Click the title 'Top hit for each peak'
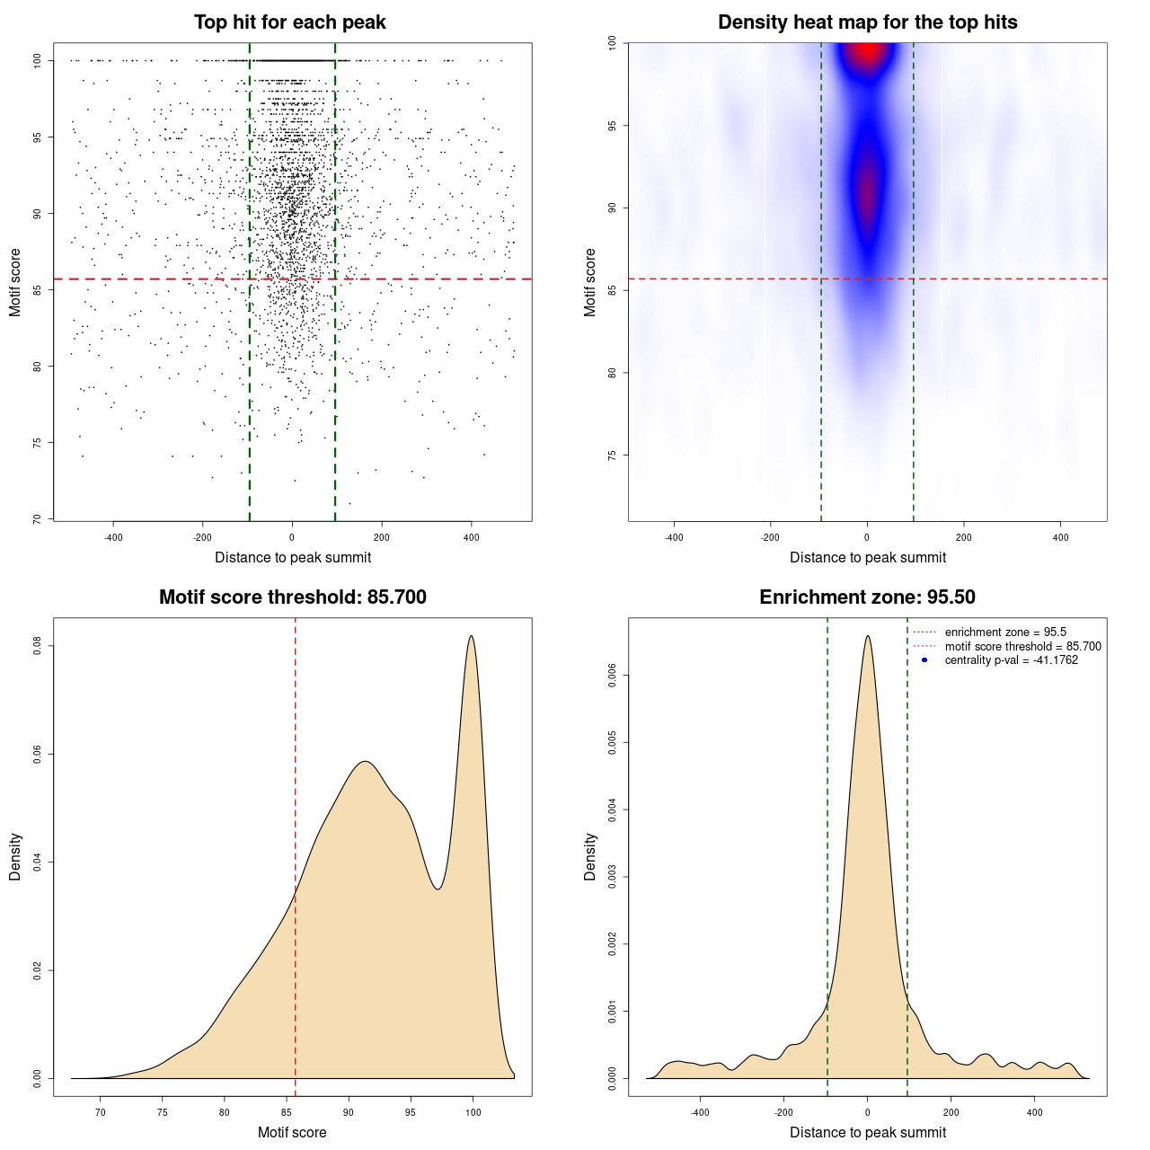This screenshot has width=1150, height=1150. [289, 22]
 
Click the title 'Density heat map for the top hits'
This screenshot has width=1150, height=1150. [867, 22]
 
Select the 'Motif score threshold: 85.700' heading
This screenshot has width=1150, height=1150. [292, 597]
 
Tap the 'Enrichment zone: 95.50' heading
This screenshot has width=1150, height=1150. [867, 597]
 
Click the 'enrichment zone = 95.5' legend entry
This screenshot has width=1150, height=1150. [1005, 632]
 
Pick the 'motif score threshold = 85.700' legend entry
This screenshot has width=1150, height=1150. [1022, 646]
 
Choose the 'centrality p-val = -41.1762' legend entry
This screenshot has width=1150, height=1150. [1011, 660]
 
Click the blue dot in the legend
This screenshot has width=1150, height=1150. [924, 660]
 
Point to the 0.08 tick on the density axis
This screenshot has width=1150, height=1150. [38, 646]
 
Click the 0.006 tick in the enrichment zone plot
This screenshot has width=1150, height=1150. [613, 676]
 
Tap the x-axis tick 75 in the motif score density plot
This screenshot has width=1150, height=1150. [163, 1112]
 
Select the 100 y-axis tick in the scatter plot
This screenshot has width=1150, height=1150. [38, 60]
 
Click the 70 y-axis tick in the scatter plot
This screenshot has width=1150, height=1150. [38, 518]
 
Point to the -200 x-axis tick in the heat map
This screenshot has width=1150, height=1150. [770, 537]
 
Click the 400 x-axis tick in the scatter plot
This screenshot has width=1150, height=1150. [471, 537]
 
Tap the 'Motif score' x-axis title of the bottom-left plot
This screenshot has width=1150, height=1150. [292, 1132]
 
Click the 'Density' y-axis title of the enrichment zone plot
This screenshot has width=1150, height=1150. [590, 856]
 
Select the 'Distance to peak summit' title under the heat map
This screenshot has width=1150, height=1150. [867, 557]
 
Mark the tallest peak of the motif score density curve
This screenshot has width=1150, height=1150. [471, 637]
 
